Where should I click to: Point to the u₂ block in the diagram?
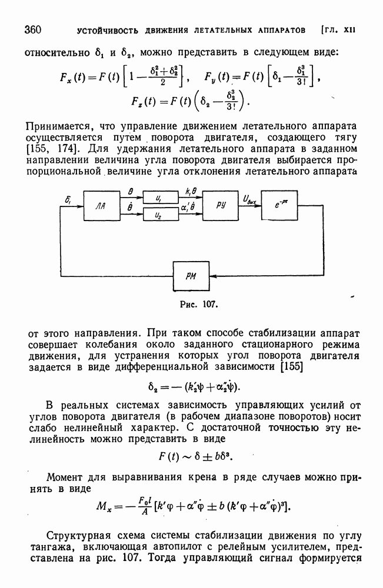click(160, 215)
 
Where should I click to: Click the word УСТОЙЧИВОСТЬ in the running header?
click(103, 30)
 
